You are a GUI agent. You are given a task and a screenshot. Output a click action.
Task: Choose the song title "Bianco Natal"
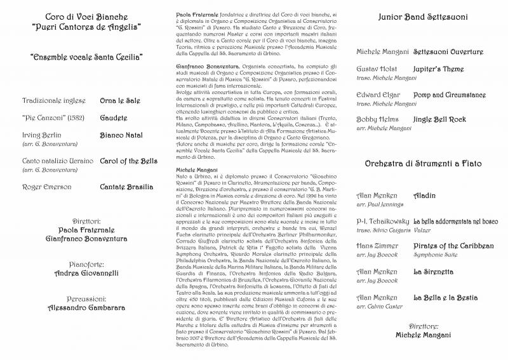point(122,136)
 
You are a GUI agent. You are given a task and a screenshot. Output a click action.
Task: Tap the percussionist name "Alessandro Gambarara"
point(85,307)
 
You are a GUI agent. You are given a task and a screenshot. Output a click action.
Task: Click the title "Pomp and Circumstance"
point(450,94)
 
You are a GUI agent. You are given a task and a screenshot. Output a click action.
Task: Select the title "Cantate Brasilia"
point(126,187)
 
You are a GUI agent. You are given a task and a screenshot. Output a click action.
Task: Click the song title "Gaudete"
point(114,118)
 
